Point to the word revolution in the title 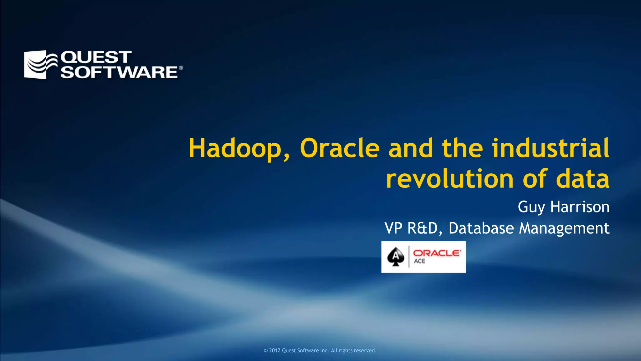tap(450, 179)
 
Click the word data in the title tap(583, 179)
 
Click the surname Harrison tap(580, 207)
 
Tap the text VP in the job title tap(393, 228)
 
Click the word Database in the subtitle tap(481, 228)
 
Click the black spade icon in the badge tap(396, 257)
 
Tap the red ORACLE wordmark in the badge tap(437, 253)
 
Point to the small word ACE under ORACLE tap(419, 261)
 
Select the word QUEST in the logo tap(96, 57)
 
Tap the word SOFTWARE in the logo tap(119, 72)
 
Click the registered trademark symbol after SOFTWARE tap(181, 68)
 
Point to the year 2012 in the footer tap(274, 350)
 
